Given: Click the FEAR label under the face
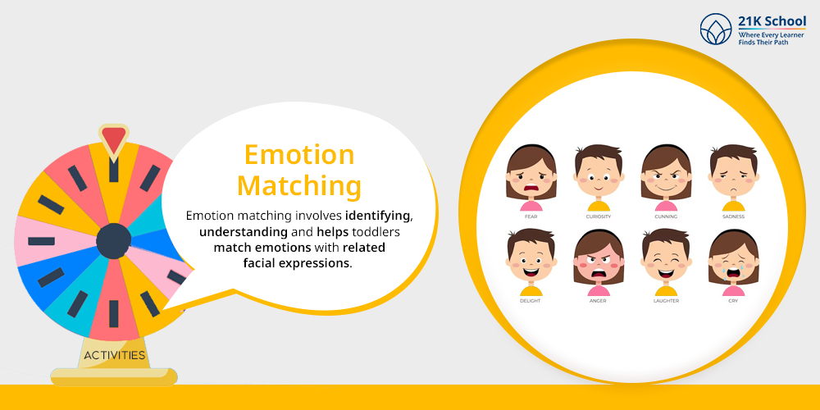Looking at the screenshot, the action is [531, 216].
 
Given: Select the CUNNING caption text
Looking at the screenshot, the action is [666, 216].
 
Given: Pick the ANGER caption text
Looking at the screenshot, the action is [599, 301].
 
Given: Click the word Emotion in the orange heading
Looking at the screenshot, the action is [299, 155].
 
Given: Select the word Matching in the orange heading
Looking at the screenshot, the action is [299, 187].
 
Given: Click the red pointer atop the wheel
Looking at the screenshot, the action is [113, 139].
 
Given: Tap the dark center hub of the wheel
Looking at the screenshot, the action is [113, 240].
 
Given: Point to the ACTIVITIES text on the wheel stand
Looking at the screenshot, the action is [115, 356].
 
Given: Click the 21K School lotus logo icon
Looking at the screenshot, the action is [716, 29].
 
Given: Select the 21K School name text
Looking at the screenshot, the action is [772, 22].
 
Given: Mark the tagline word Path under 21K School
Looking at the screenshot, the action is [781, 42].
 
